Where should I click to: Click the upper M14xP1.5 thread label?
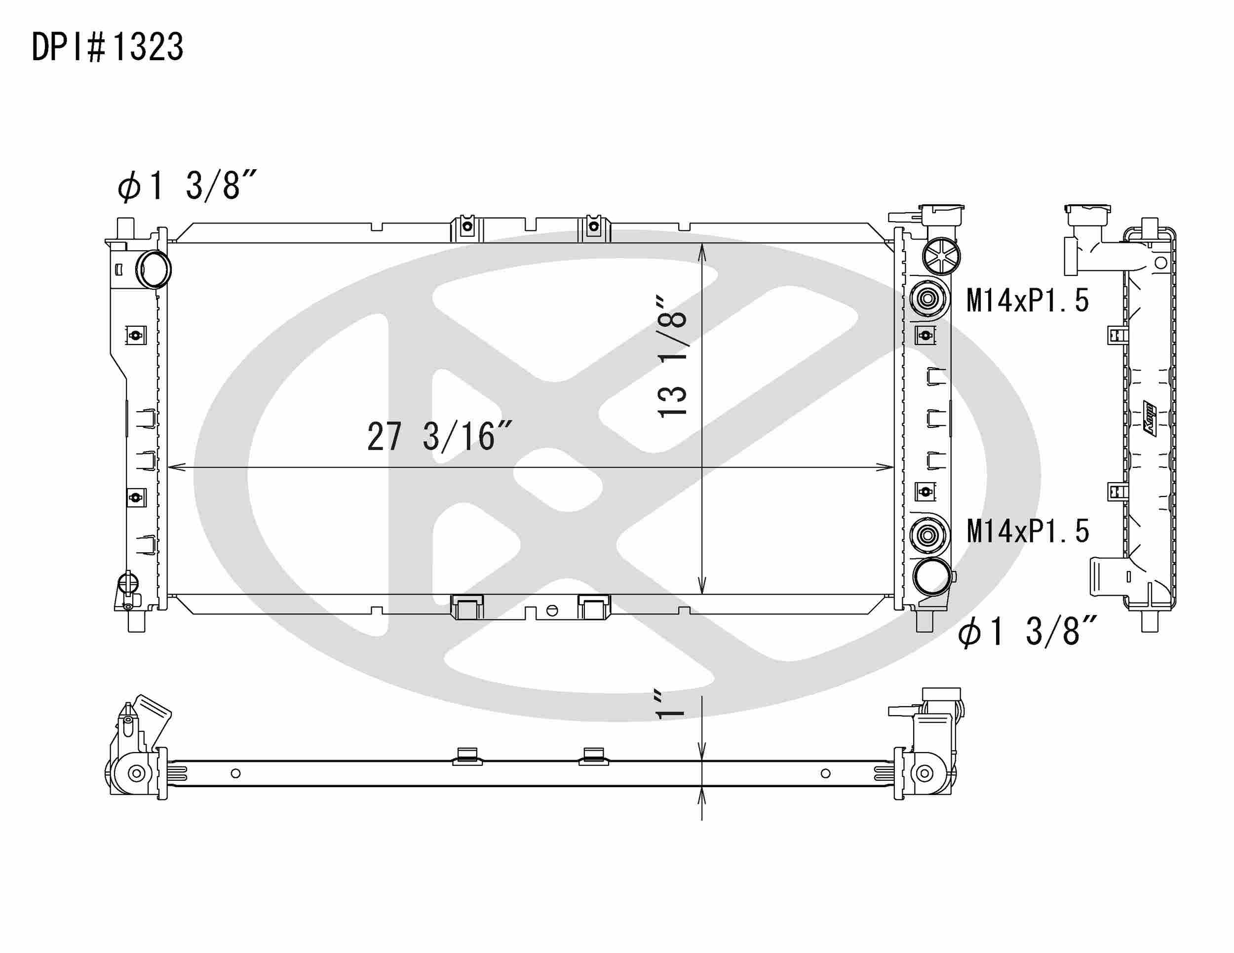tap(1027, 301)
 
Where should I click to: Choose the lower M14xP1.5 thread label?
tap(1027, 532)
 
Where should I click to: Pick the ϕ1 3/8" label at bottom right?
tap(1027, 632)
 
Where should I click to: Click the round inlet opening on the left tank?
tap(154, 269)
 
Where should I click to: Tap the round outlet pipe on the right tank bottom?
tap(931, 576)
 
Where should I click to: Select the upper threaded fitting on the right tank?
tap(927, 297)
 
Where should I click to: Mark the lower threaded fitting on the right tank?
tap(927, 534)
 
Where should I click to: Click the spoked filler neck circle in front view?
tap(941, 256)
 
